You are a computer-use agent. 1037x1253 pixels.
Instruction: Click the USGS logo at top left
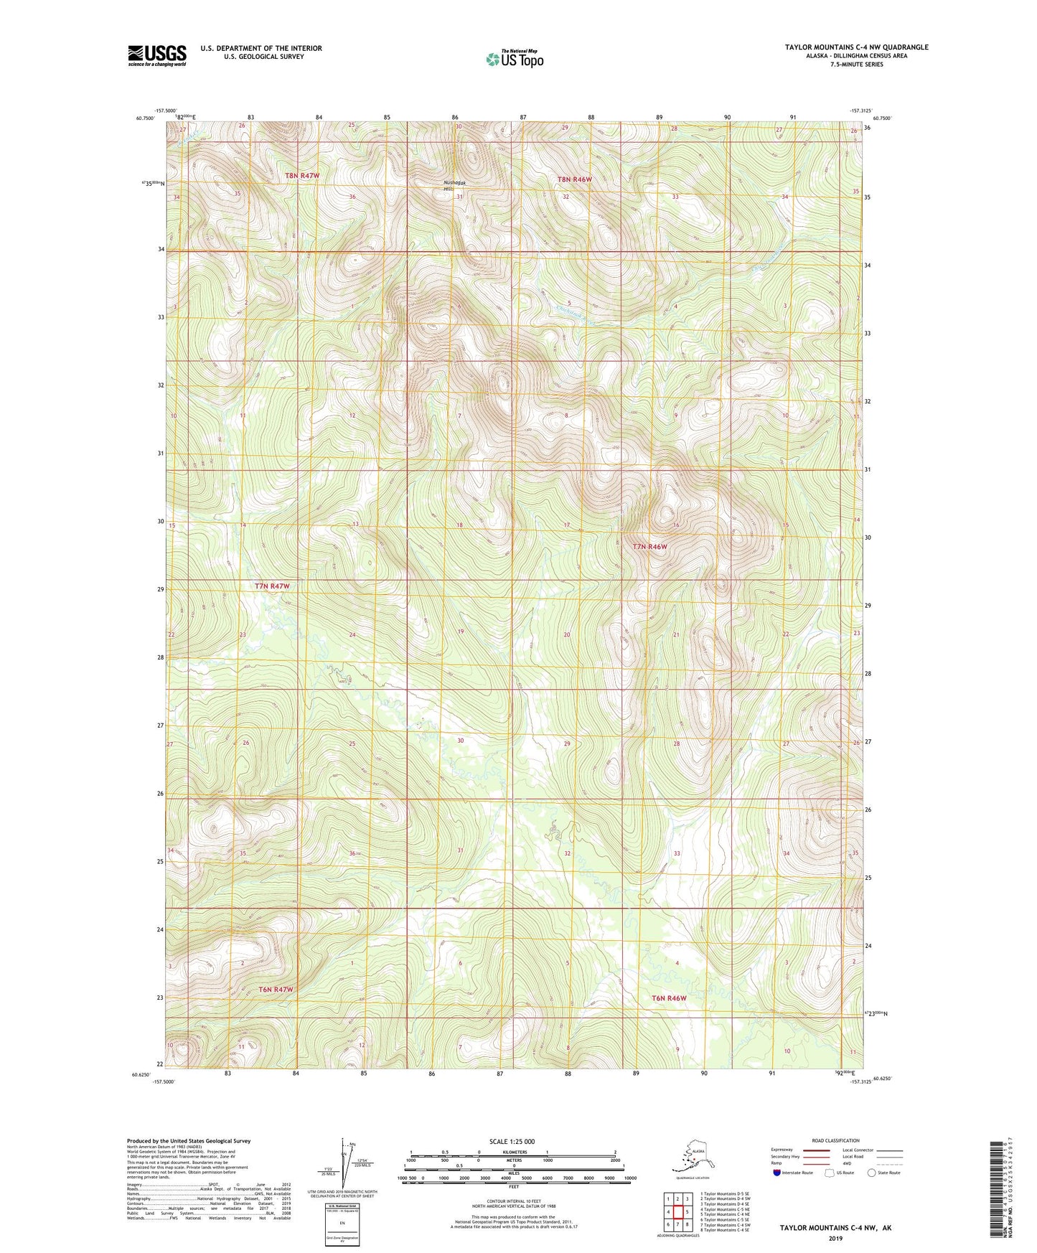click(156, 55)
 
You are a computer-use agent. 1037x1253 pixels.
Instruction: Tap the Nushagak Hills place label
click(455, 185)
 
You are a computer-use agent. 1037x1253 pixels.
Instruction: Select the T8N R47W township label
click(301, 175)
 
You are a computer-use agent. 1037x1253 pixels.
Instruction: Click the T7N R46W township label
click(649, 547)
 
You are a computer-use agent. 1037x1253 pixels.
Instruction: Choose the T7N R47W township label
click(272, 586)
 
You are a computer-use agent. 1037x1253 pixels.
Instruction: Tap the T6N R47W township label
click(276, 990)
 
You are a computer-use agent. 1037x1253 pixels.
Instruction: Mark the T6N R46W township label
click(669, 998)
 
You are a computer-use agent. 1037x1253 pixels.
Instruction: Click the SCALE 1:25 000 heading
click(512, 1142)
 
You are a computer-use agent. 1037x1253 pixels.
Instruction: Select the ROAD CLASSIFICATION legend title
click(835, 1140)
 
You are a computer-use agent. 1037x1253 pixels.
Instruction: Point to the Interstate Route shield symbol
click(777, 1173)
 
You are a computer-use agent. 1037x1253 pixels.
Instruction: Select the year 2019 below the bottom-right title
click(835, 1239)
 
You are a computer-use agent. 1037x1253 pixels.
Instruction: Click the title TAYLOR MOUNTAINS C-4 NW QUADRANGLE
click(856, 47)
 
